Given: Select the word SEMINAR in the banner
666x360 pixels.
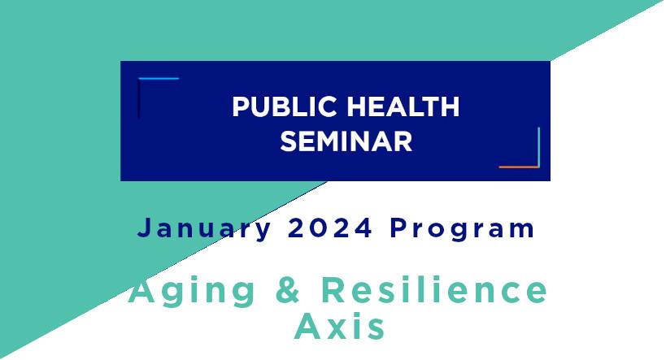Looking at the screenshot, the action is click(x=346, y=141).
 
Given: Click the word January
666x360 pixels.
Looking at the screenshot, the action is click(x=204, y=229).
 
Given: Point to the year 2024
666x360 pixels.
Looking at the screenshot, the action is click(x=330, y=228).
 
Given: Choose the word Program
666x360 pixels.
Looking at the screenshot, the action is click(x=462, y=229).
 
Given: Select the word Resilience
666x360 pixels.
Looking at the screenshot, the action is click(x=434, y=289).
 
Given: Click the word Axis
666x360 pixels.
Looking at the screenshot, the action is click(x=340, y=326).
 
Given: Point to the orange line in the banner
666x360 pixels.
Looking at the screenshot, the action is click(x=519, y=167).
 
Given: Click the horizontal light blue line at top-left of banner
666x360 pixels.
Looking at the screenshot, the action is click(x=159, y=79).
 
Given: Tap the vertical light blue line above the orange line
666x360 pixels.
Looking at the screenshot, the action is click(x=538, y=147).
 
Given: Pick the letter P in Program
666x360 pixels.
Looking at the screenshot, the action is click(x=398, y=228).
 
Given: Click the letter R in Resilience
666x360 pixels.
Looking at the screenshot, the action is click(x=333, y=289).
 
